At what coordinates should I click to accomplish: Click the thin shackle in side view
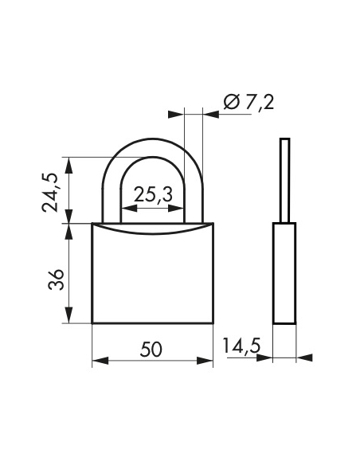coord(284,179)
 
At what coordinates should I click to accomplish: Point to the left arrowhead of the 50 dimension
coord(98,361)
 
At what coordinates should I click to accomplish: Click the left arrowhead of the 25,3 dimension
coord(127,209)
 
